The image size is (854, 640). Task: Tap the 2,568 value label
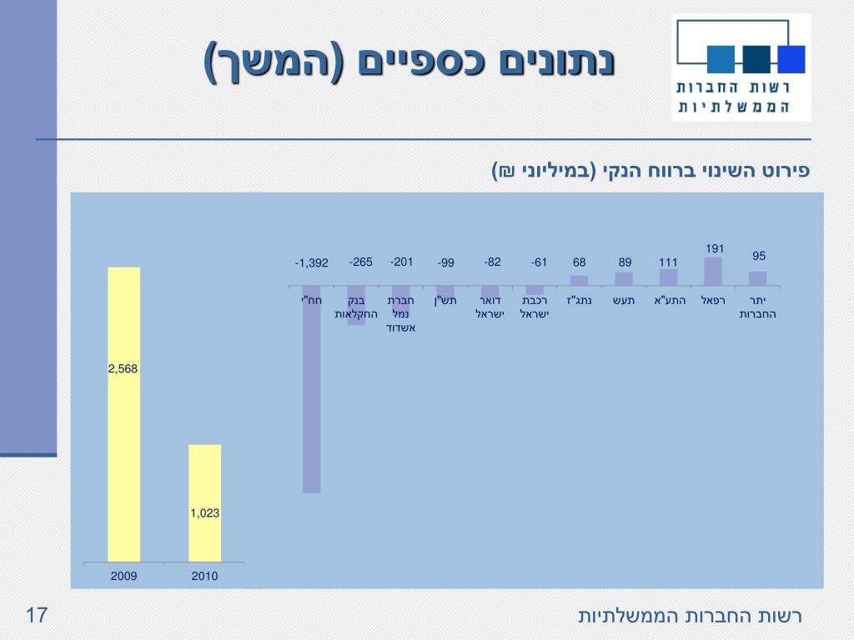click(124, 368)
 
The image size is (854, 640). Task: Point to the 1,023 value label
click(204, 513)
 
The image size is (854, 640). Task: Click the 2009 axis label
click(124, 576)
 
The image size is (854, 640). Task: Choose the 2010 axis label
click(204, 576)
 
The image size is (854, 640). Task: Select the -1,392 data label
click(311, 263)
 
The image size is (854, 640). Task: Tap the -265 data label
click(361, 262)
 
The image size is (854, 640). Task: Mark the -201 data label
click(402, 262)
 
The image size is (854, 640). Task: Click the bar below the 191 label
click(713, 271)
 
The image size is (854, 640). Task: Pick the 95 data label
click(758, 256)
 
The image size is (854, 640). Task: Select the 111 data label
click(668, 262)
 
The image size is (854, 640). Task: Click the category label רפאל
click(713, 300)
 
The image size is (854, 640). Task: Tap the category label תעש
click(625, 300)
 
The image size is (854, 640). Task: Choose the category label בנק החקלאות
click(356, 307)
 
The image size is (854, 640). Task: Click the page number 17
click(36, 616)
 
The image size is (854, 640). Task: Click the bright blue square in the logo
click(791, 59)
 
